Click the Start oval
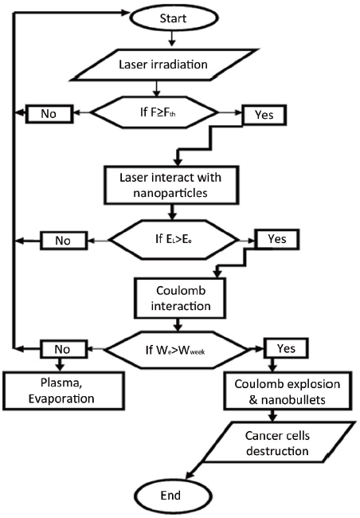(x=174, y=18)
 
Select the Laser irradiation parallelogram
(x=164, y=65)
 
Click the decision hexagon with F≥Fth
(x=154, y=112)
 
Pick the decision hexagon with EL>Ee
(x=174, y=240)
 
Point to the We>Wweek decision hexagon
(x=176, y=350)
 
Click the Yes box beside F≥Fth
(x=264, y=115)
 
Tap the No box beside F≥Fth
(x=49, y=114)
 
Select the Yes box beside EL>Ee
(x=278, y=239)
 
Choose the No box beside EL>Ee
(x=64, y=241)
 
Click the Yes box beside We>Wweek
(x=287, y=348)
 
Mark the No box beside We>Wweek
(x=64, y=349)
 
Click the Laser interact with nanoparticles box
(x=171, y=186)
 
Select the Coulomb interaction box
(x=180, y=298)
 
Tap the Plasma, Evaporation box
(x=64, y=390)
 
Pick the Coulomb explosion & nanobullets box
(x=287, y=391)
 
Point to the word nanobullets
(x=293, y=400)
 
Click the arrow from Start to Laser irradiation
(x=171, y=39)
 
